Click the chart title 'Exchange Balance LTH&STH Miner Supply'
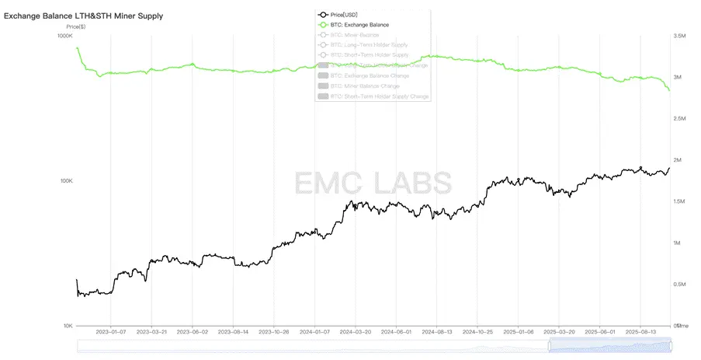coord(84,16)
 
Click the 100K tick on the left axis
coord(65,181)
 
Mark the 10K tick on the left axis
coord(67,326)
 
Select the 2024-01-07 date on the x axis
coord(314,331)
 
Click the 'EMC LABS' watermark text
coord(373,182)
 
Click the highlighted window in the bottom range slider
coord(609,346)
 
